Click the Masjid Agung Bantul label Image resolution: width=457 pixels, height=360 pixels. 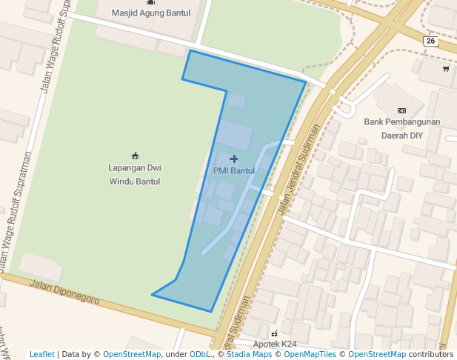click(151, 13)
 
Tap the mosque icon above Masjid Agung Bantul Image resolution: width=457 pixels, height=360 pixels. click(151, 2)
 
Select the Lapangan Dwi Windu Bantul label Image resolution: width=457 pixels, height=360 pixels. click(135, 174)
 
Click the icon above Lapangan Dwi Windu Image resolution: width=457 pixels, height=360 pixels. click(135, 156)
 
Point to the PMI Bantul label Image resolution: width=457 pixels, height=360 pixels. click(234, 171)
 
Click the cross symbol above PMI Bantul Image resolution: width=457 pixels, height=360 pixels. click(234, 159)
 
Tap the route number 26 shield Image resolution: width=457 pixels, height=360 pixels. click(431, 41)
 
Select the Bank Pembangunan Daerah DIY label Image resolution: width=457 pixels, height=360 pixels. click(402, 128)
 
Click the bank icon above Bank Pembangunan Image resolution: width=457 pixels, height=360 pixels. click(402, 110)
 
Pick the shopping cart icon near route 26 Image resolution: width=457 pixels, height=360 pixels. click(446, 69)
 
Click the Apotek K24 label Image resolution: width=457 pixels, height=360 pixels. click(275, 344)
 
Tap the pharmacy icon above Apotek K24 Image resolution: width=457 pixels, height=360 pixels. click(275, 333)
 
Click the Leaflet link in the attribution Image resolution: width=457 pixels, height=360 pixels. click(41, 354)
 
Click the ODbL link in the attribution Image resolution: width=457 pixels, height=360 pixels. click(200, 354)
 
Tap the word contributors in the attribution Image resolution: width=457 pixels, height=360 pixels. click(431, 354)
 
